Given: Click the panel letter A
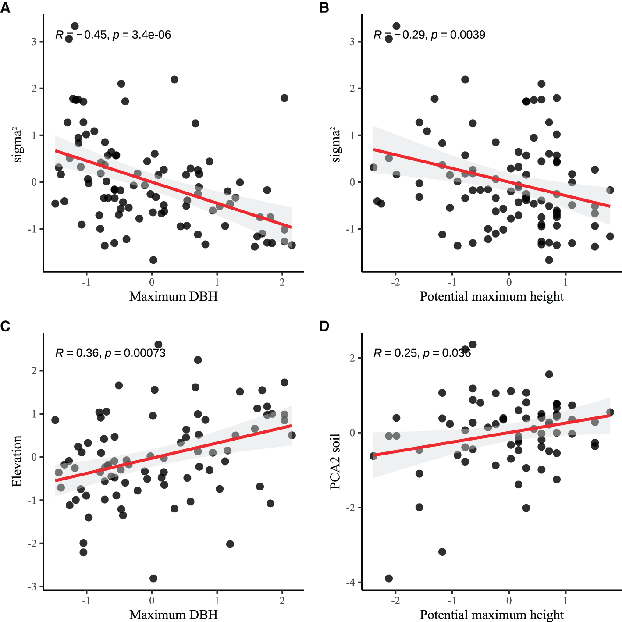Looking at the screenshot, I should (5, 8).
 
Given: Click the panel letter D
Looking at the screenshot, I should (324, 326).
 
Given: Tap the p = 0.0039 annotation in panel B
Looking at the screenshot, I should (458, 35).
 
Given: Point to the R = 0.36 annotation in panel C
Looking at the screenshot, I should (77, 353).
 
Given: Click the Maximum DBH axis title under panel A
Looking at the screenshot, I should (173, 297).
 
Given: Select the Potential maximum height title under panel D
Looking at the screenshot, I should (491, 615).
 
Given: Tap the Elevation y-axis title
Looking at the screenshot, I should (17, 461).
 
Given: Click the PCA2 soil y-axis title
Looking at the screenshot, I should (335, 461).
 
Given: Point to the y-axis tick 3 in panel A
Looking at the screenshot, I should (34, 42).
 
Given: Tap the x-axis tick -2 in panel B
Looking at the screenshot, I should (395, 282).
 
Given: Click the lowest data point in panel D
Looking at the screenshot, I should (388, 578).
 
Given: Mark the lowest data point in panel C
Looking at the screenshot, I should (153, 578).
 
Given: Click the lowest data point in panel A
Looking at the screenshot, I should (153, 260).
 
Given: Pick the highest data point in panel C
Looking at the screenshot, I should (158, 345).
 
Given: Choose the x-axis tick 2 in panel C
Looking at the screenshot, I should (282, 601).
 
